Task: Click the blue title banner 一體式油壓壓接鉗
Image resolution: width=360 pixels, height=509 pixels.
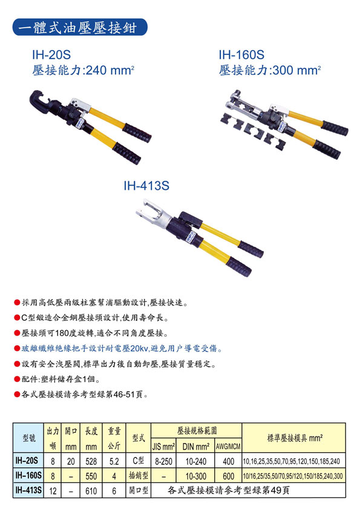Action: coord(80,27)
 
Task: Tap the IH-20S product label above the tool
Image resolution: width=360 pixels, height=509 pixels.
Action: coord(51,54)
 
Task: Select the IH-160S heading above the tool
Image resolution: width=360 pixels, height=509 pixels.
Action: coord(241,54)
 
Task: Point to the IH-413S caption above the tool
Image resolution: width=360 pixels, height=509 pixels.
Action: coord(146,186)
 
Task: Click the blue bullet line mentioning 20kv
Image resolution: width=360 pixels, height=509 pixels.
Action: coord(119,349)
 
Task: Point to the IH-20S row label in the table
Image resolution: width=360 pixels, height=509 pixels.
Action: coord(28,461)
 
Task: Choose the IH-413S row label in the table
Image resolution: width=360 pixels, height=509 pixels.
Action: coord(28,490)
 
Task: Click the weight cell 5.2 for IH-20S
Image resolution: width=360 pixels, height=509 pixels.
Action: coord(114,461)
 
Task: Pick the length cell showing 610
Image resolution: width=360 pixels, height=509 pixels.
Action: coord(91,490)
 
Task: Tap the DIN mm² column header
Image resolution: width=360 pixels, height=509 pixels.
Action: coord(195,446)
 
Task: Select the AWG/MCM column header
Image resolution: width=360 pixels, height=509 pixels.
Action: coord(228,446)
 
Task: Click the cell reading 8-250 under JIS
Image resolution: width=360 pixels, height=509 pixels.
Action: coord(164,461)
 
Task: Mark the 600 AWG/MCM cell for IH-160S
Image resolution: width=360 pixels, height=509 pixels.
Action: coord(229,476)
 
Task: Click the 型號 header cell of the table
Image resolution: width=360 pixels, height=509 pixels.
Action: coord(29,438)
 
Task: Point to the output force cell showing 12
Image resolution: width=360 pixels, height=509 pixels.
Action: coord(53,490)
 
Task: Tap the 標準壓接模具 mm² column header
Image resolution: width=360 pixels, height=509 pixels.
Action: coord(295,438)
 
